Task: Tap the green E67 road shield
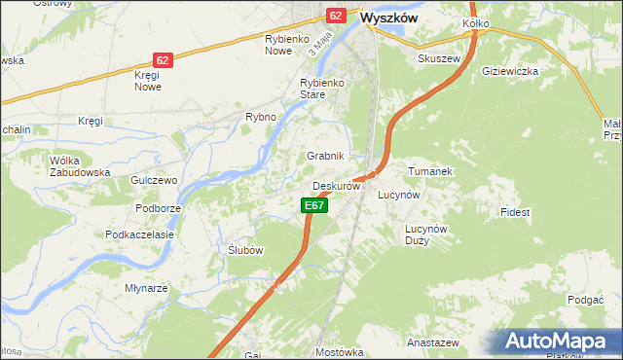coord(312,205)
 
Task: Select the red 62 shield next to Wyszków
coord(336,16)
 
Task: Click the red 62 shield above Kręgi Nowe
coord(163,60)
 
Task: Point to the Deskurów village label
coord(337,186)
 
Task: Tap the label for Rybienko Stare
coord(323,90)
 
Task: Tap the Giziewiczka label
coord(510,71)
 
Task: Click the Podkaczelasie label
coord(139,234)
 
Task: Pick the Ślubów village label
coord(244,250)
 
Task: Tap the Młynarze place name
coord(147,288)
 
